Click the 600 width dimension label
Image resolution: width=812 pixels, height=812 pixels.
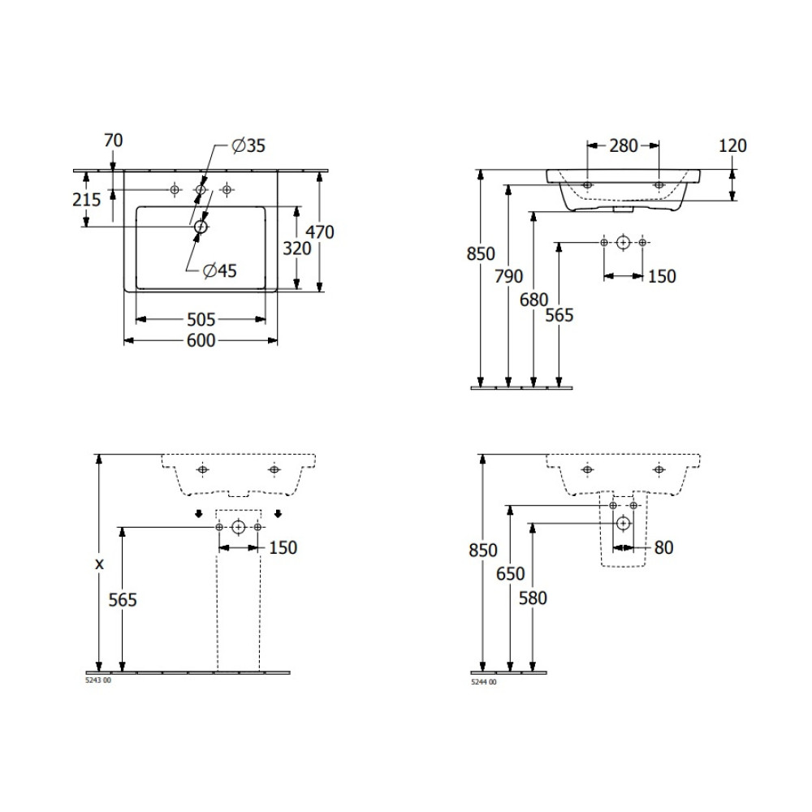click(201, 340)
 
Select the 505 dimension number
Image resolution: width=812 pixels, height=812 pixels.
click(201, 319)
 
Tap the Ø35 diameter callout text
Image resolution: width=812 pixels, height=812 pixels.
click(248, 145)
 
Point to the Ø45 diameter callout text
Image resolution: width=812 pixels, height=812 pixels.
click(219, 270)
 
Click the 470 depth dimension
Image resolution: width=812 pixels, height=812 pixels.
click(319, 231)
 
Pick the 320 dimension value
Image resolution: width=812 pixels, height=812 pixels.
click(296, 248)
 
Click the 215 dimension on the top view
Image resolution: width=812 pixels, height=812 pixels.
click(87, 200)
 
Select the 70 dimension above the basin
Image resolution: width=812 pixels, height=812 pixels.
click(114, 140)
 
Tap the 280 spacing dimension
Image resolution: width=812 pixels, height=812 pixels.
click(623, 146)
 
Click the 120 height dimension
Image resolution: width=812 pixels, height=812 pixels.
click(732, 146)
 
